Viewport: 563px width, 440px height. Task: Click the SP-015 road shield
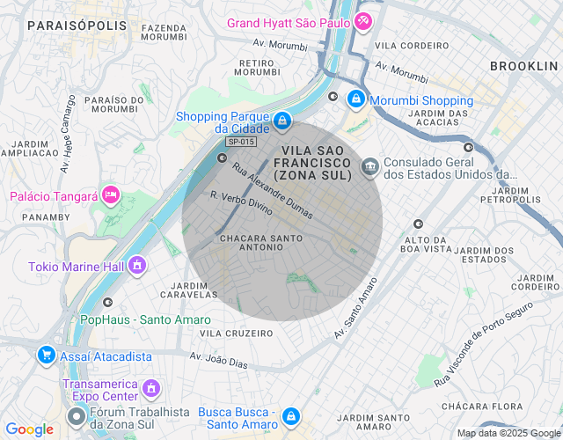coord(240,142)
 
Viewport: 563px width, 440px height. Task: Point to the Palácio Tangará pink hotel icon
coord(111,194)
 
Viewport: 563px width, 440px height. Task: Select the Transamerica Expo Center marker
coord(151,388)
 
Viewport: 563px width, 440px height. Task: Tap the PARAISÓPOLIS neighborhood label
coord(77,26)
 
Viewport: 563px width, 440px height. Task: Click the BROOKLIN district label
coord(524,66)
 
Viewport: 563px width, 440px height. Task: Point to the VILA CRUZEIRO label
coord(237,334)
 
